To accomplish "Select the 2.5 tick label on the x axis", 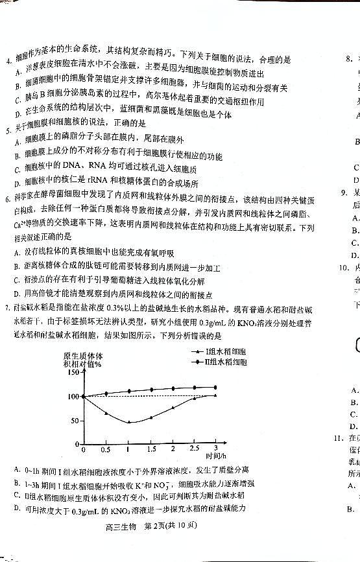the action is click(x=194, y=449).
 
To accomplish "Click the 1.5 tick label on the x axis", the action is click(x=151, y=449).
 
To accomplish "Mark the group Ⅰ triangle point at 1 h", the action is click(x=128, y=422).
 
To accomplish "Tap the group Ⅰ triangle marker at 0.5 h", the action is click(x=106, y=413).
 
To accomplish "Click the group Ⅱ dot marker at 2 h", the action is click(x=173, y=389).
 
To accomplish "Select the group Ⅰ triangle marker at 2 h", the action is click(x=173, y=407).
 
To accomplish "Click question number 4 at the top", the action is click(x=7, y=62).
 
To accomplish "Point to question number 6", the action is click(x=7, y=201).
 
